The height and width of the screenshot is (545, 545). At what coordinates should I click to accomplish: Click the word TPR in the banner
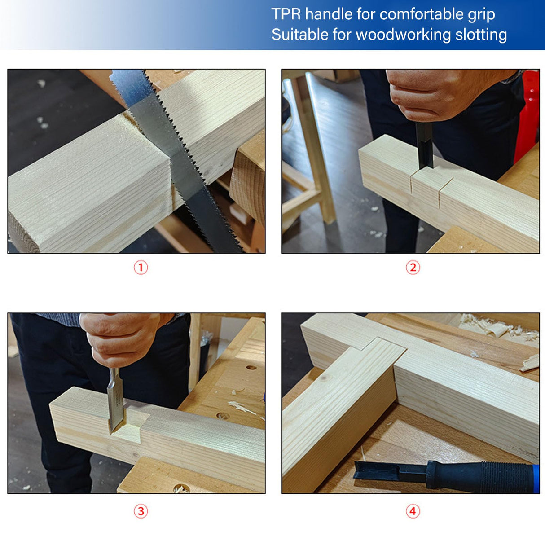(x=286, y=14)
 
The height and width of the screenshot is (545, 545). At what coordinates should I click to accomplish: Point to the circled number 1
(x=141, y=268)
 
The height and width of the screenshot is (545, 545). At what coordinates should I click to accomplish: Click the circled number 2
(x=413, y=268)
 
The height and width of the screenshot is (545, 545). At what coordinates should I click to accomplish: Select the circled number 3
(x=141, y=511)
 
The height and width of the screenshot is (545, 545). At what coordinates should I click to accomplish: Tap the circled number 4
(x=413, y=511)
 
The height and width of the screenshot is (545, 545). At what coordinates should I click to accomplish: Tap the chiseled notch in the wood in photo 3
(x=130, y=429)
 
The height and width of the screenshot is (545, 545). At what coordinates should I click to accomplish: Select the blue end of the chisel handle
(x=536, y=478)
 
